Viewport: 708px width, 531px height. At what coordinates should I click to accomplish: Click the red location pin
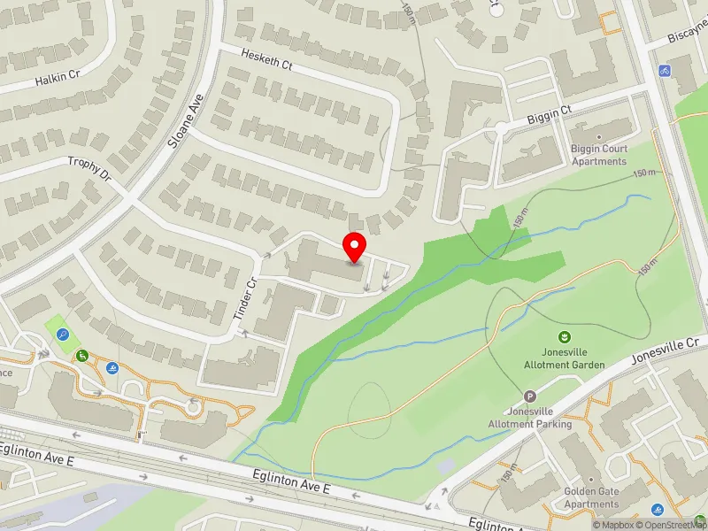355,247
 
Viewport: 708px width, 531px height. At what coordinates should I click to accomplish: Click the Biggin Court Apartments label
599,155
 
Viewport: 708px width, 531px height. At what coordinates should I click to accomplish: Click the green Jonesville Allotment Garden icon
564,336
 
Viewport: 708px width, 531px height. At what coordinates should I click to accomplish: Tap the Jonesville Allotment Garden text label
564,358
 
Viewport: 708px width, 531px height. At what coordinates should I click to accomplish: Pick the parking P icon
530,397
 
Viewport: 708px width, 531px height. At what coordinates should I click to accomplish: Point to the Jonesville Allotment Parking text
530,418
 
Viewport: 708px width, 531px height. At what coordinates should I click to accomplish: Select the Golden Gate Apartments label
591,498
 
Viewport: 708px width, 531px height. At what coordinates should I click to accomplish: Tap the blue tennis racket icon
63,335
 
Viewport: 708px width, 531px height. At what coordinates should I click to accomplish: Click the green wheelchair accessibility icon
82,355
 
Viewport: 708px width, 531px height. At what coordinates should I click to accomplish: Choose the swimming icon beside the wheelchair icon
113,368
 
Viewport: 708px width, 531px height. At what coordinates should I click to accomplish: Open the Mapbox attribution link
612,525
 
